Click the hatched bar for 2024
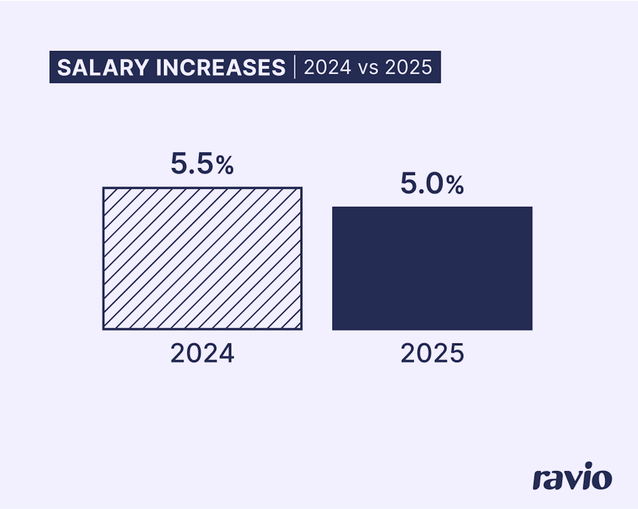point(202,259)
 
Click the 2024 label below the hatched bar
point(202,353)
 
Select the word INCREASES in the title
point(221,68)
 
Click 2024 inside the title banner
point(327,68)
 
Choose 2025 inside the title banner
point(408,68)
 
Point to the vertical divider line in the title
point(295,67)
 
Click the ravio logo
point(572,477)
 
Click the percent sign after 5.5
point(225,165)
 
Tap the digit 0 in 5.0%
point(435,184)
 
